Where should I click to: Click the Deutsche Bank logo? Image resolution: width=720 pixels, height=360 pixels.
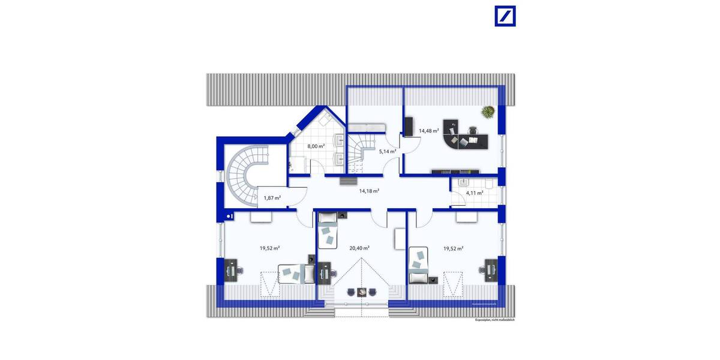tap(505, 16)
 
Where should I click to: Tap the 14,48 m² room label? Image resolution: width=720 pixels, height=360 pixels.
tap(428, 130)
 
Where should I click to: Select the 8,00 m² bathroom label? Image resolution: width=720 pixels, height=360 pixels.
tap(316, 146)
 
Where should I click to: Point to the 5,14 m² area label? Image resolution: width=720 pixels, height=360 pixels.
tap(387, 152)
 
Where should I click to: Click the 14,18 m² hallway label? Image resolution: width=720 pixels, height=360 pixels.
tap(368, 191)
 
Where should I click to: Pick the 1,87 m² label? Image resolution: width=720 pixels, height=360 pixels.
tap(272, 197)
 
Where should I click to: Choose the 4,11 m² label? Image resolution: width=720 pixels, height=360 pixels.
tap(474, 193)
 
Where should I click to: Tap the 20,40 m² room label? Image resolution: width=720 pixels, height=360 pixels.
tap(359, 247)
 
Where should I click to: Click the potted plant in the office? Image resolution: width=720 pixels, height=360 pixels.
tap(488, 112)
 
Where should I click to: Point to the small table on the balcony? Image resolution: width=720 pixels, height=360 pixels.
tap(361, 292)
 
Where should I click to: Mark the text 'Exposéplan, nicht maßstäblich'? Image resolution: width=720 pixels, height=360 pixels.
tap(494, 320)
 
